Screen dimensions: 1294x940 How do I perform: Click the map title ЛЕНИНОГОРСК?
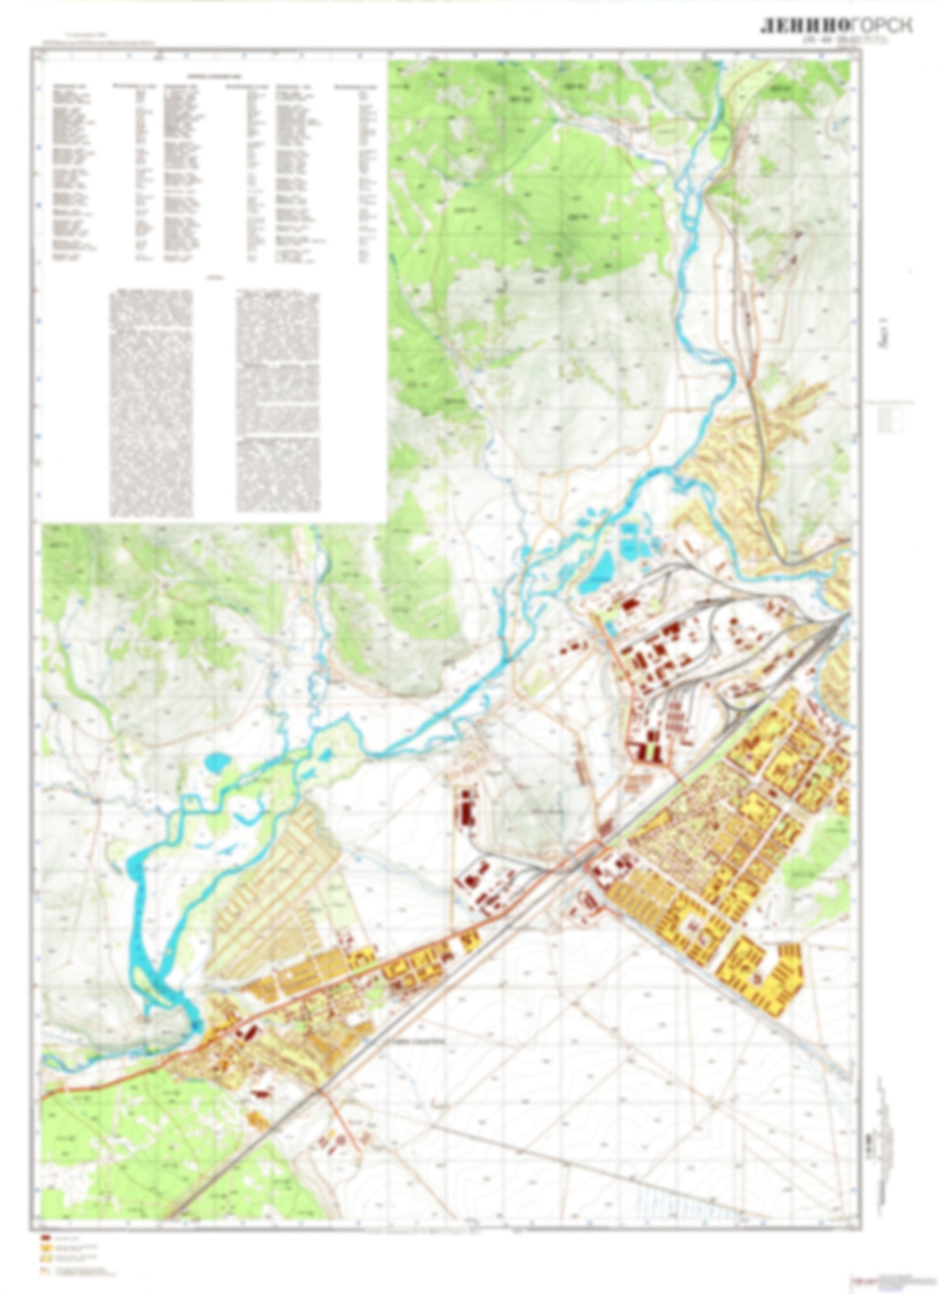coord(836,25)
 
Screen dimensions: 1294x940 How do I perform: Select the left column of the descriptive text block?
coord(151,403)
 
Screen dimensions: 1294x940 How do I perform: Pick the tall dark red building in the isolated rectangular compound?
coord(466,807)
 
